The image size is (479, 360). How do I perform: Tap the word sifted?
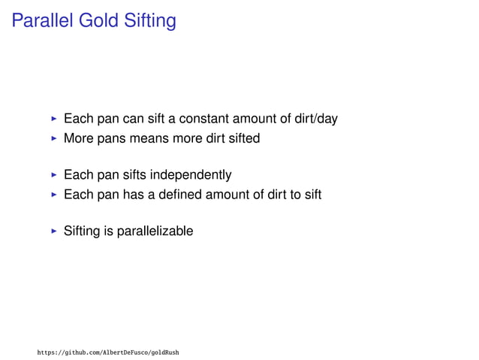tap(242, 138)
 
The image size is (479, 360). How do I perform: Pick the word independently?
tap(191, 176)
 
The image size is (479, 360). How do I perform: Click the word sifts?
tap(131, 176)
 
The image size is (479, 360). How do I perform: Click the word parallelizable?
tap(155, 231)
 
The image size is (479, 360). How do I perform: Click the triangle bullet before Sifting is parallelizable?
tap(53, 231)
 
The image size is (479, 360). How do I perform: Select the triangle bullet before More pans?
tap(53, 138)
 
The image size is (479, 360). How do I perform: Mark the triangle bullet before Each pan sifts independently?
tap(53, 176)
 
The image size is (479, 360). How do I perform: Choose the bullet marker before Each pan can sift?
tap(53, 119)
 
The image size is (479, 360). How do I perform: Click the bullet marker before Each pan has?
tap(53, 195)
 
